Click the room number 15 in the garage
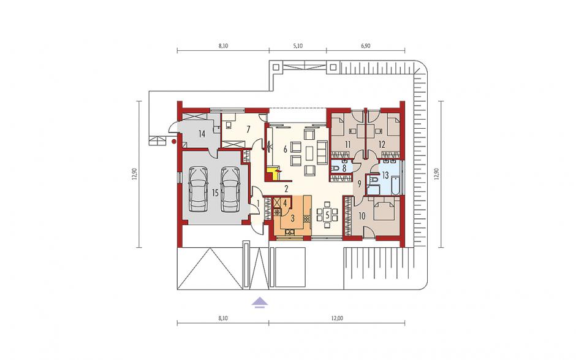coord(215,193)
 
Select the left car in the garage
coord(197,190)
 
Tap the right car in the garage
coord(230,190)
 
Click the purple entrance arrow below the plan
coord(260,302)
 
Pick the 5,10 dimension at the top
coord(298,46)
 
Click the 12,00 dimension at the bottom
coord(337,318)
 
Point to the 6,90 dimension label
coord(365,46)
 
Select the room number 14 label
coord(202,134)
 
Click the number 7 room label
coord(248,129)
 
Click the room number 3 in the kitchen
coord(292,218)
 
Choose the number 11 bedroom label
coord(348,145)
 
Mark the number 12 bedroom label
coord(382,145)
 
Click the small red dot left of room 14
coord(174,140)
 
